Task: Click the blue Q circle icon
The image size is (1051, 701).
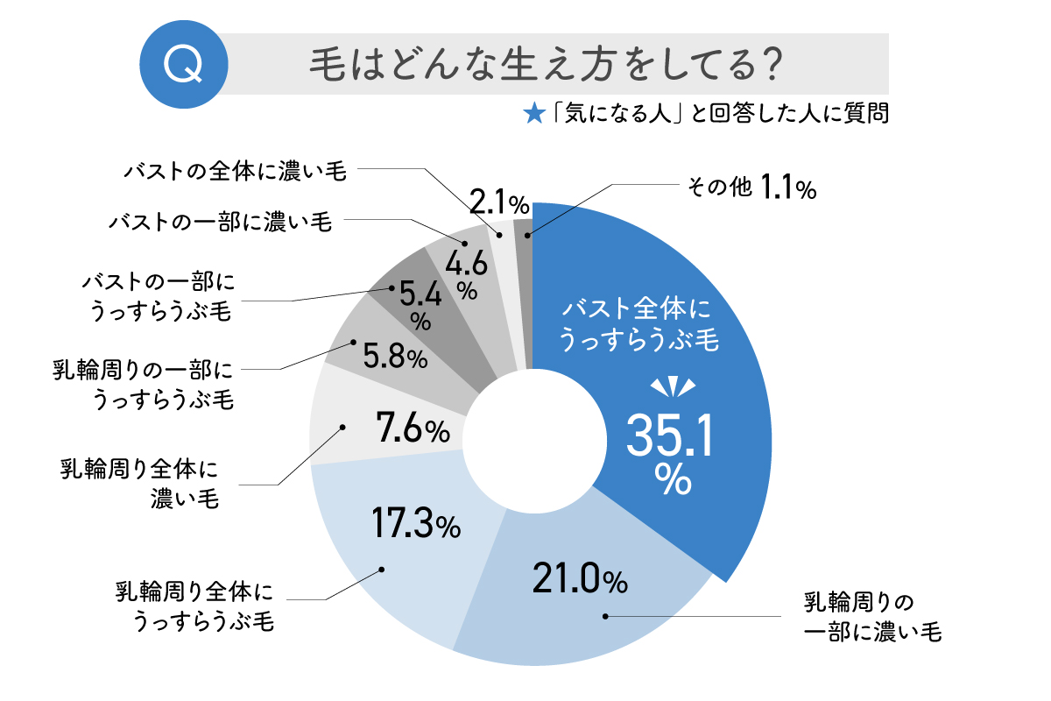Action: (185, 63)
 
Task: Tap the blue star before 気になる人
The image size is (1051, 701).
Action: (532, 115)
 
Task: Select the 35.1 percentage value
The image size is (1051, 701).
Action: (669, 435)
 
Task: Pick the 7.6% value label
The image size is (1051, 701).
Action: (412, 429)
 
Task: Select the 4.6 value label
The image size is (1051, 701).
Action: (464, 261)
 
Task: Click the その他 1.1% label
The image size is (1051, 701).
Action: (748, 187)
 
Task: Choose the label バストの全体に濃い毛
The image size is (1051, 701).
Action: (235, 170)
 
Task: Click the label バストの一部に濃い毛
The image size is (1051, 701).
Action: (220, 222)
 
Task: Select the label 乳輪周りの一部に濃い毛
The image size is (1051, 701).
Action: (871, 617)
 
